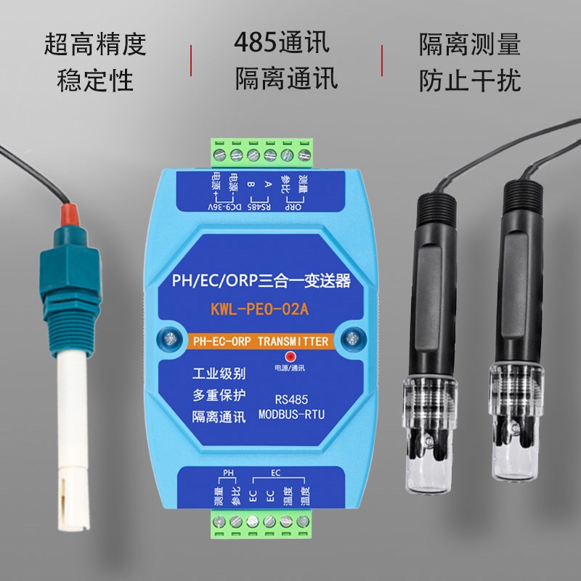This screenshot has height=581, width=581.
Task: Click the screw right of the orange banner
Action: pos(352,338)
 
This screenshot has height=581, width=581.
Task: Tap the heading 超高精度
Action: pos(95,44)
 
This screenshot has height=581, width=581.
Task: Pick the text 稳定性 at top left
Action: pos(95,80)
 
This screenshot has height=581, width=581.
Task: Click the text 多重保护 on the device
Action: pos(219,396)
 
